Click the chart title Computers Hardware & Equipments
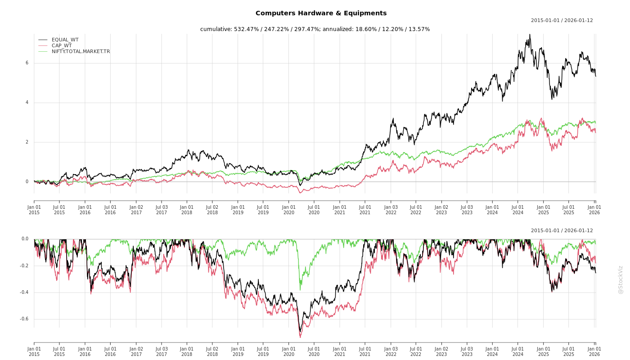tap(321, 13)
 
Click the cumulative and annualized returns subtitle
tap(315, 29)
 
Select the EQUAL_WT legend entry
tap(65, 40)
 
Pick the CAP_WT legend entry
tap(61, 45)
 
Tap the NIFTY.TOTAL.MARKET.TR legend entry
tap(81, 51)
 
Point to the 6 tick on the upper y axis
tap(27, 63)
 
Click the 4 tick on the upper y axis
tap(27, 103)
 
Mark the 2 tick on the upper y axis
tap(27, 142)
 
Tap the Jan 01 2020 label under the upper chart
tap(288, 210)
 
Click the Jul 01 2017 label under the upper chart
tap(162, 210)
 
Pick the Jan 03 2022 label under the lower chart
tap(391, 351)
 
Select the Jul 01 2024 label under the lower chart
tap(518, 351)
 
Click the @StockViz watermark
tap(621, 279)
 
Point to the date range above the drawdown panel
tap(562, 230)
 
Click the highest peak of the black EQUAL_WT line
tap(530, 35)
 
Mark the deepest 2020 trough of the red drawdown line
tap(300, 337)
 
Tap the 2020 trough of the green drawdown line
tap(300, 289)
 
